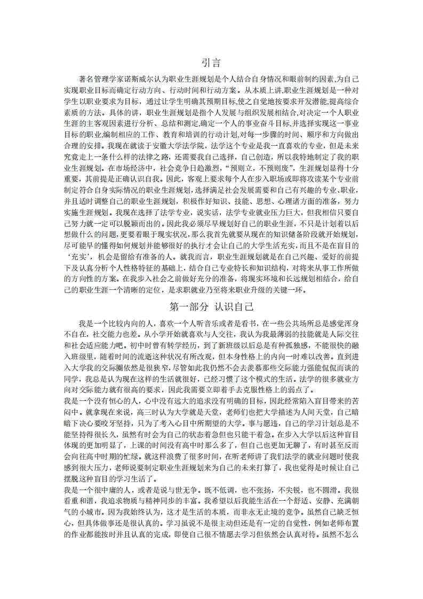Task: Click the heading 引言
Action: coord(211,62)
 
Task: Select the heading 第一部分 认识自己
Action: coord(211,307)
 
